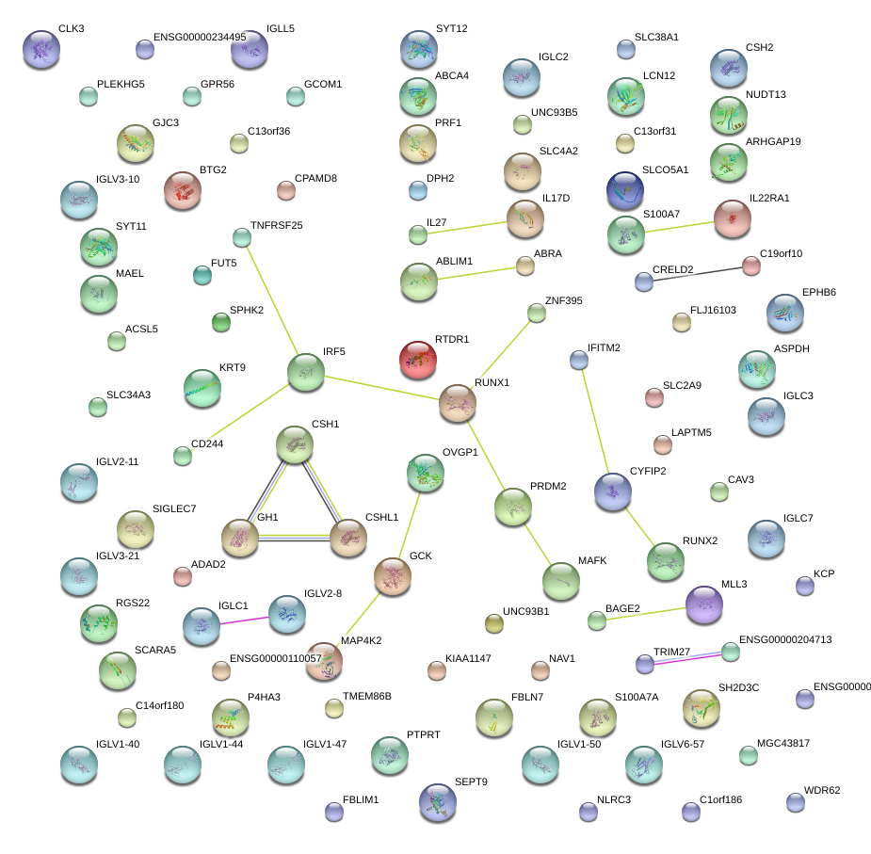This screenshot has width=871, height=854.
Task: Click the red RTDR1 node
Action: click(x=418, y=360)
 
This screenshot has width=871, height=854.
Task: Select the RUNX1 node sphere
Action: click(x=458, y=404)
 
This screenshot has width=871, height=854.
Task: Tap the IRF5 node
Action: click(x=306, y=372)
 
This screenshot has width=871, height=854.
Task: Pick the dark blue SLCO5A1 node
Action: click(x=624, y=189)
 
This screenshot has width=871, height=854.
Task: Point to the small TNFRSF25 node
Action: click(x=242, y=237)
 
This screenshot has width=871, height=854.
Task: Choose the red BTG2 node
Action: click(x=183, y=189)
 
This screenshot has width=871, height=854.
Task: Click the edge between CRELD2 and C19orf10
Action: click(x=697, y=273)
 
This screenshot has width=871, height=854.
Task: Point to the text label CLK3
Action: click(x=71, y=29)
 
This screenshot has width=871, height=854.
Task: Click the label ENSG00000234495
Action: click(x=202, y=38)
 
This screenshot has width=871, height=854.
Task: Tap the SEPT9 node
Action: click(x=437, y=802)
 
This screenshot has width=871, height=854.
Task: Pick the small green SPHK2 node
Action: click(x=220, y=323)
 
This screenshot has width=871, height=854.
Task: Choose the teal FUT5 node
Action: click(x=202, y=275)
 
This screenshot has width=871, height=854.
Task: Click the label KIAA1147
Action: click(x=468, y=658)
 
